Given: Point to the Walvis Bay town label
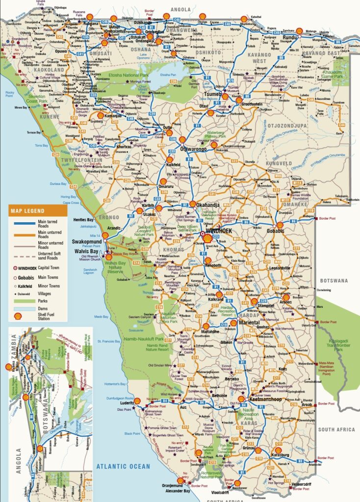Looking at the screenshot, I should click(x=85, y=251).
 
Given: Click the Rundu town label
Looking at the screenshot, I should click(x=290, y=37).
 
